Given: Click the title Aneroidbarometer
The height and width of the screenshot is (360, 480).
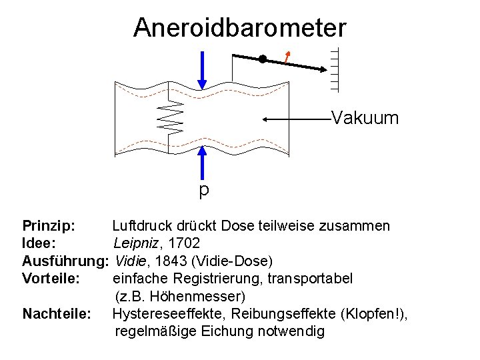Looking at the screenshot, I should [x=239, y=28].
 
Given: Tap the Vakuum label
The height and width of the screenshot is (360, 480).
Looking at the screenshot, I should [x=365, y=119].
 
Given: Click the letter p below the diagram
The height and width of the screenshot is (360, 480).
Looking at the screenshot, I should [x=203, y=191].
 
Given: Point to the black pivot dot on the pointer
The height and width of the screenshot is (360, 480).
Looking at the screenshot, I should [x=263, y=59].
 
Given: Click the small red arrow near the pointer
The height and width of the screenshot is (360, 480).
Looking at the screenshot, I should [x=287, y=57].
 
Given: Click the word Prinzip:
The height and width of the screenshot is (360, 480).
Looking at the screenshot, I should [x=48, y=226].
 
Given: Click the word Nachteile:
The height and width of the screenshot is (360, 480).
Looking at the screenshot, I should [x=57, y=313].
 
